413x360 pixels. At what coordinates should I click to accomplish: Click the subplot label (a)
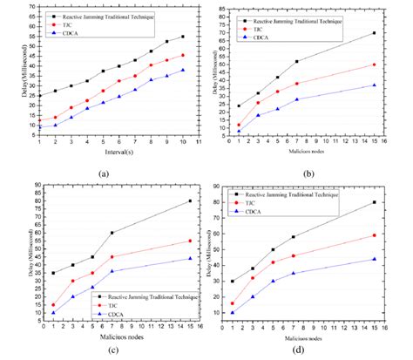pos(104,172)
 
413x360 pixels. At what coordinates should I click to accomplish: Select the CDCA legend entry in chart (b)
pos(273,32)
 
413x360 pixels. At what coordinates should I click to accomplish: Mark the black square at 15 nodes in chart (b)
pos(397,33)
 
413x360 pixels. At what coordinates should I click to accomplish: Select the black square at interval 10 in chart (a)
pos(182,37)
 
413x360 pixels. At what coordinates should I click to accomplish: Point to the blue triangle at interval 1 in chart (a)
pos(39,127)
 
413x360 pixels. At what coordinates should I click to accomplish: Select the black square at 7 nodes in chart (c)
pos(112,233)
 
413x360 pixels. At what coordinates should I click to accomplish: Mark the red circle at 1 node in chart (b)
pos(239,125)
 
